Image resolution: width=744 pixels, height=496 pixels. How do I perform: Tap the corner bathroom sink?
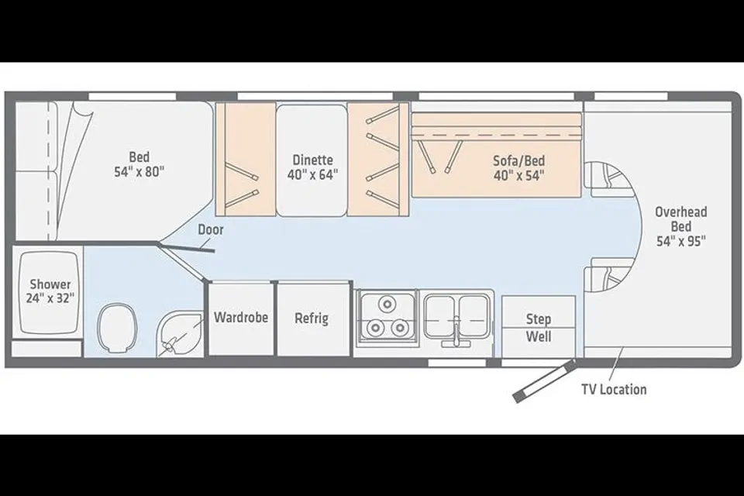pos(179,334)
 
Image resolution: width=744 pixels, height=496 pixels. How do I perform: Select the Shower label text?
pos(50,284)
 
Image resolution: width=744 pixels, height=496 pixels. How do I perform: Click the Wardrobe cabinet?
pos(241,318)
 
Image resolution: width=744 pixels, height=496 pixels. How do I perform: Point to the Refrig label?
pos(312,318)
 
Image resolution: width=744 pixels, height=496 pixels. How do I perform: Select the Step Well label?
pos(539,328)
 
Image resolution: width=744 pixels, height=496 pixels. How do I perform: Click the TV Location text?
pos(614,389)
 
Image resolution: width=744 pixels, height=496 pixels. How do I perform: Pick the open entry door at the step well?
pos(545,381)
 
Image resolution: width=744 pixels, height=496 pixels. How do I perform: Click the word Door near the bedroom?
pos(211,229)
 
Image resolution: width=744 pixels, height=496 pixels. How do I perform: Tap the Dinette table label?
pos(312,160)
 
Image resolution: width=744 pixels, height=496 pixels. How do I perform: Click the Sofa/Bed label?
pos(519,160)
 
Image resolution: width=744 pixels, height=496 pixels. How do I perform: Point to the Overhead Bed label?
pos(681,219)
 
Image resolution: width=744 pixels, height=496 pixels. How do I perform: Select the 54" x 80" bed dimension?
pos(139,171)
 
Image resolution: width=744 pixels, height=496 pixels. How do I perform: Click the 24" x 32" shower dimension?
pos(50,298)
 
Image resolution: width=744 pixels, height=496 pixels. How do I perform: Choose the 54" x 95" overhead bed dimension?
pos(681,241)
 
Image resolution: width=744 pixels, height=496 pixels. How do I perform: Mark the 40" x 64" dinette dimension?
pos(312,174)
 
